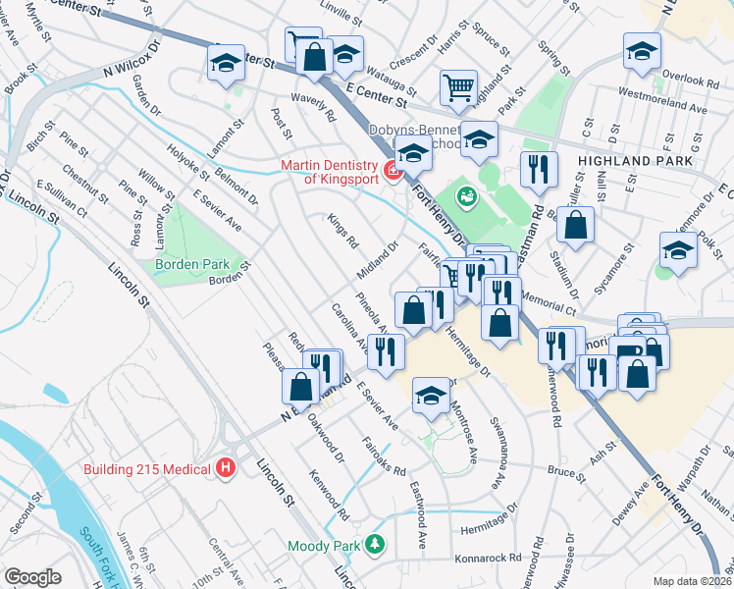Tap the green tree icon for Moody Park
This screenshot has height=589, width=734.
(x=373, y=543)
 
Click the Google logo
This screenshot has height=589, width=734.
(x=33, y=576)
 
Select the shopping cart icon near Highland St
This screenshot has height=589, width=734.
(x=458, y=88)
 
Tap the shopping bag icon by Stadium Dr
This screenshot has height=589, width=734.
(x=575, y=224)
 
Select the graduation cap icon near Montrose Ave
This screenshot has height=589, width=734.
(x=431, y=395)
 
